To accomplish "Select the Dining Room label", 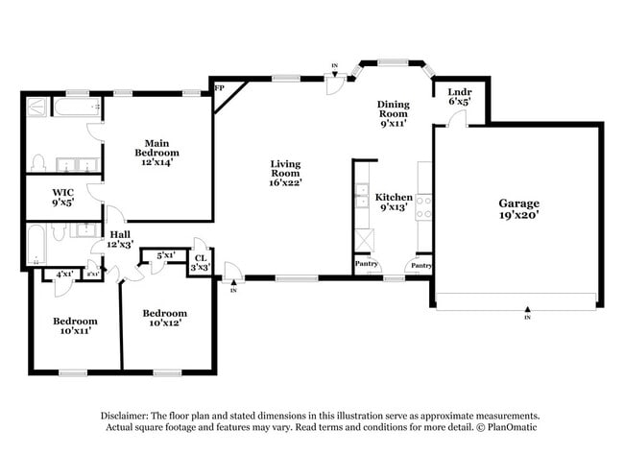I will click(394, 111).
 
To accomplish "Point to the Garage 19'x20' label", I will click(518, 208).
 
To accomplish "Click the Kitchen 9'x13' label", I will click(394, 202).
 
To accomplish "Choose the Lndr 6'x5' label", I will click(459, 97).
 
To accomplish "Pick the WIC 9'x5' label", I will click(64, 198).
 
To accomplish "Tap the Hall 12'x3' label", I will click(120, 239).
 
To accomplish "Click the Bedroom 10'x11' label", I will click(75, 325).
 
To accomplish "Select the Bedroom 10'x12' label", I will click(164, 318).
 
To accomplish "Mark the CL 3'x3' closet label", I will click(201, 262).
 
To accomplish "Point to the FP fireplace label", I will click(219, 89).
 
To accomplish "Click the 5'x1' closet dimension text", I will click(164, 255).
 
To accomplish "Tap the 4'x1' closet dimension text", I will click(64, 275).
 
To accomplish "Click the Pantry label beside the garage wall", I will click(420, 265).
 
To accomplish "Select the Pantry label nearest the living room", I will click(366, 263).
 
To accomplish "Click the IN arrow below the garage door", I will click(526, 314).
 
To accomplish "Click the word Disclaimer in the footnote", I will click(130, 416).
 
